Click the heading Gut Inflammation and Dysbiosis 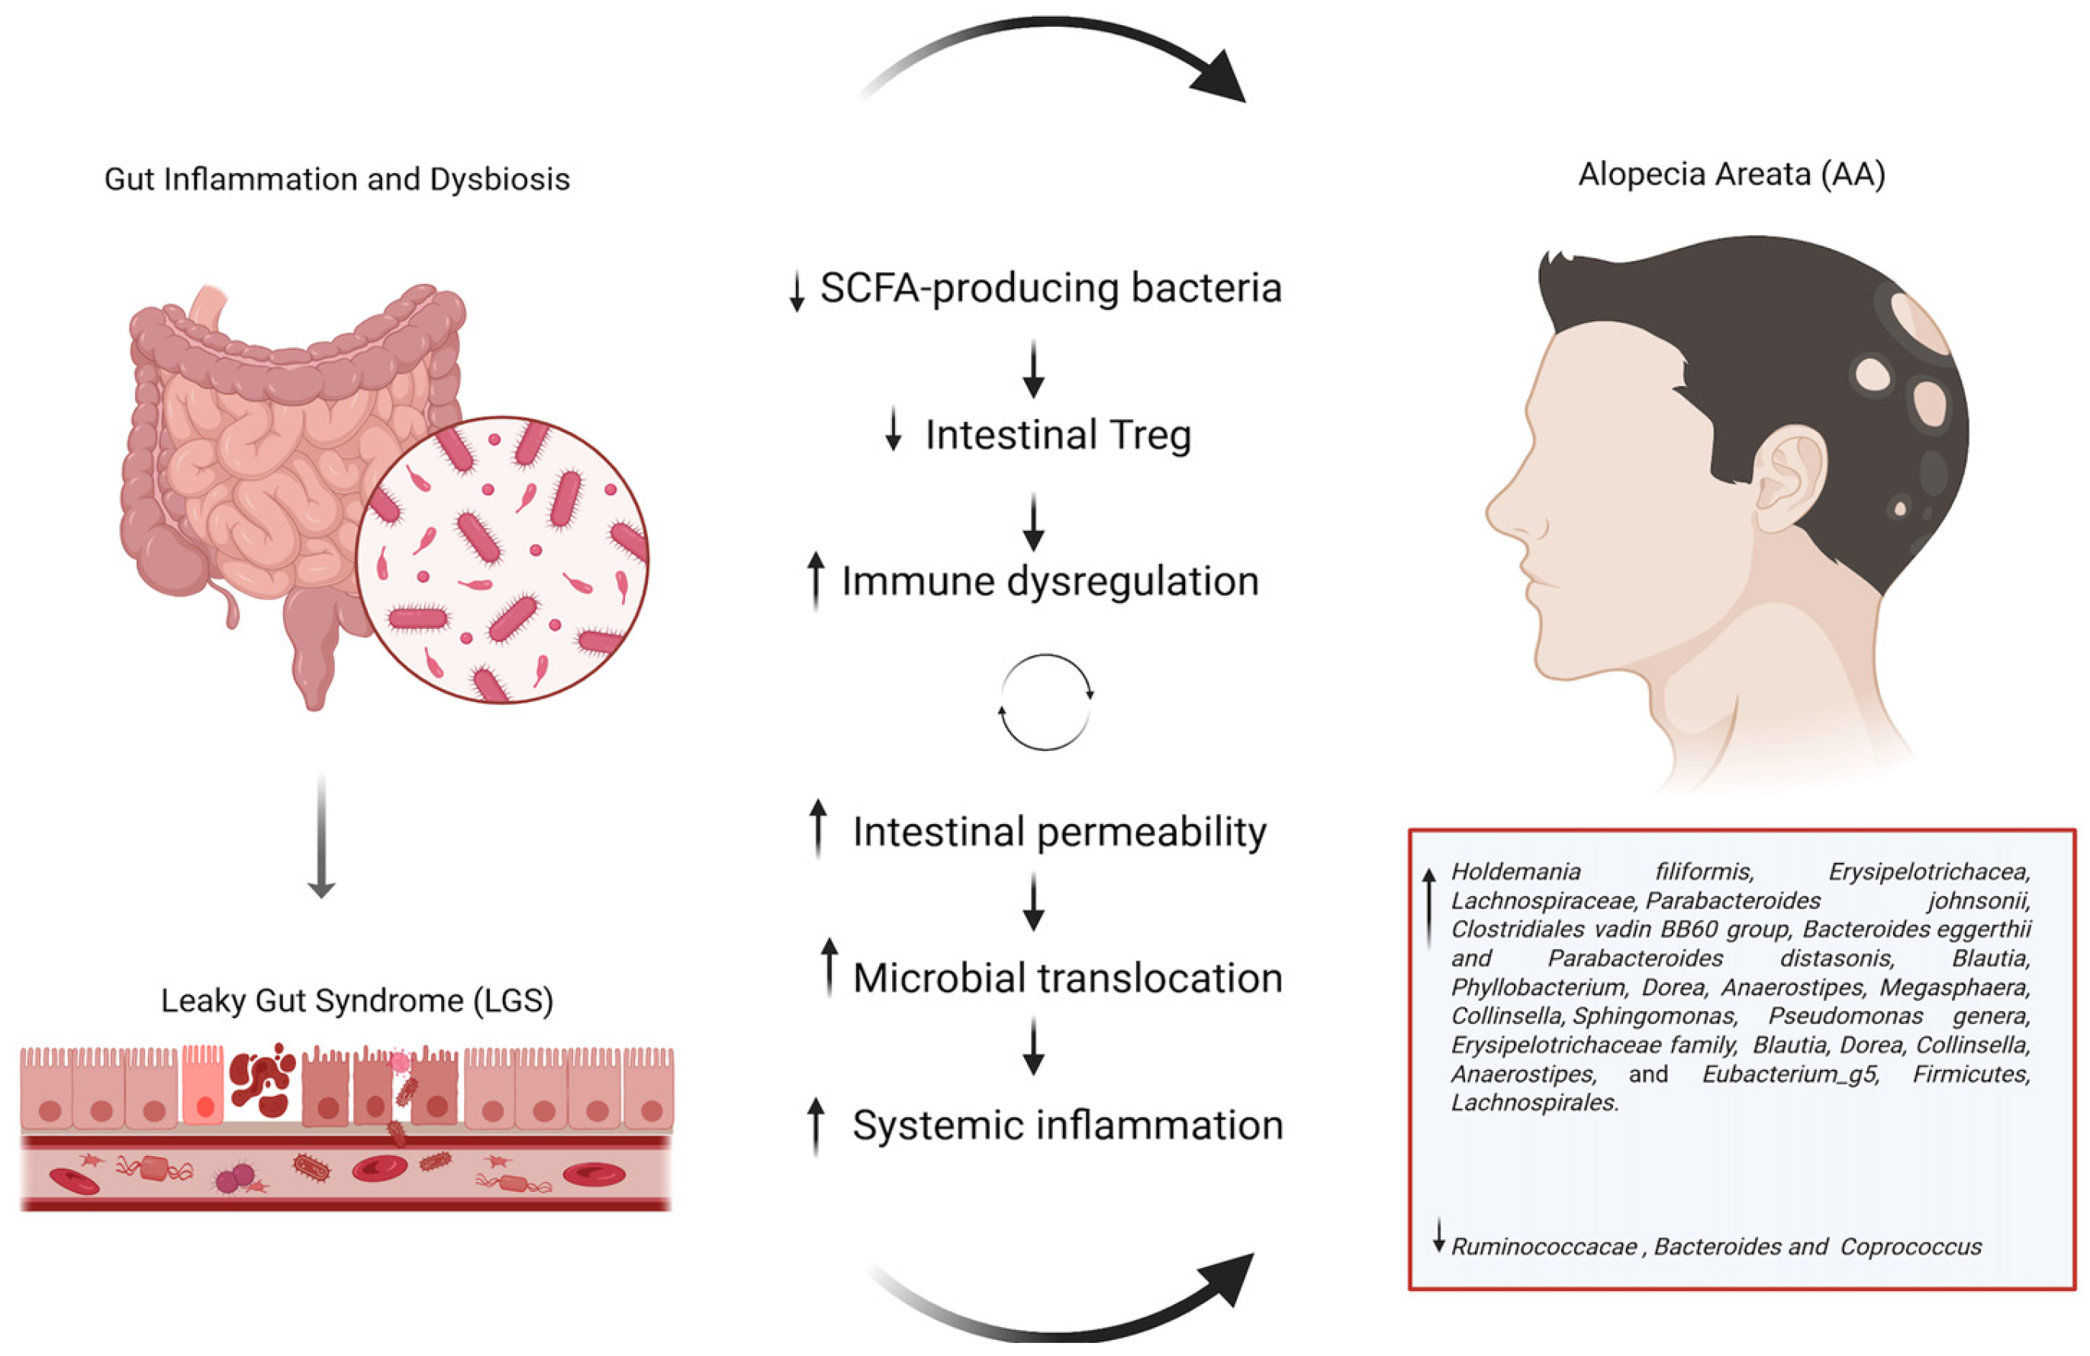click(337, 179)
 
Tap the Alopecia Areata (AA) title click(1731, 174)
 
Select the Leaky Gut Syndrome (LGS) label click(356, 1000)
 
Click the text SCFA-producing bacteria click(1050, 288)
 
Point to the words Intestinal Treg click(1058, 435)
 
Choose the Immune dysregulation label click(1050, 581)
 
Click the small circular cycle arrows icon click(1045, 702)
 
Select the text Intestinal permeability click(1059, 832)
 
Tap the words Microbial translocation click(1067, 978)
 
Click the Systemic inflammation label click(1067, 1125)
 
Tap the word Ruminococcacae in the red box click(1543, 1247)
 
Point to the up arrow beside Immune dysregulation click(816, 580)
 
